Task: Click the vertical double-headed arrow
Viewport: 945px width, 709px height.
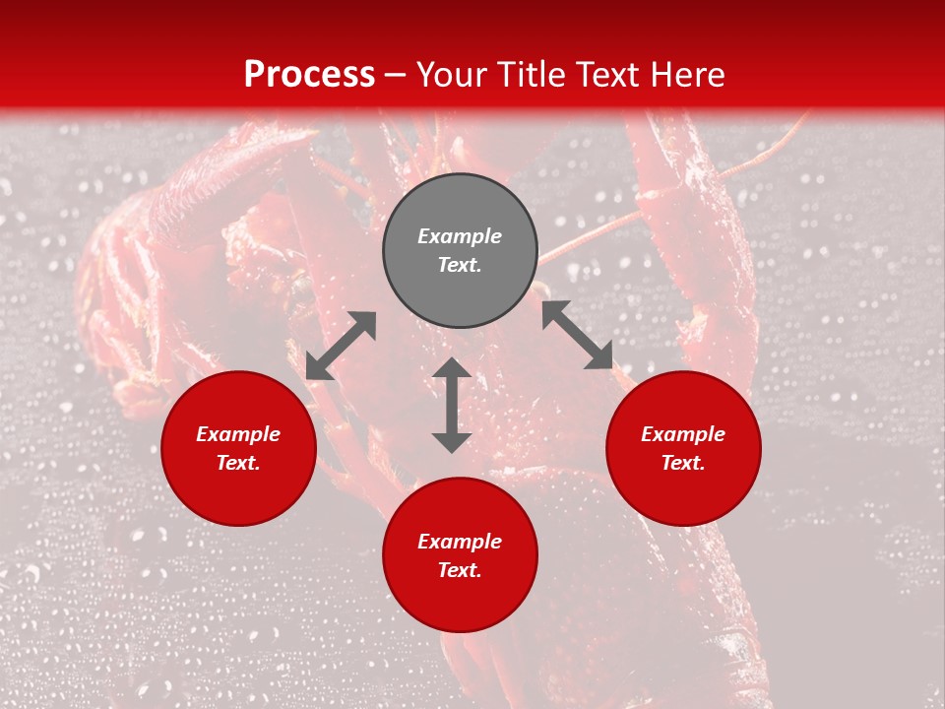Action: point(452,405)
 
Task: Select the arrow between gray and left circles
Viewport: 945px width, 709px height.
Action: point(341,346)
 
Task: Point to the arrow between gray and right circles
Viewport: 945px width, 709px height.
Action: point(578,336)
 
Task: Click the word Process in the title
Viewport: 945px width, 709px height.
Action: point(309,74)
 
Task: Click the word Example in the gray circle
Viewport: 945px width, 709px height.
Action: point(460,236)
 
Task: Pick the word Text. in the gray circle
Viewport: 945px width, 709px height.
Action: point(460,265)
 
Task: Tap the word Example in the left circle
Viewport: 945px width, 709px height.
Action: point(238,434)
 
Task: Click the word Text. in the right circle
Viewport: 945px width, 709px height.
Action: point(683,463)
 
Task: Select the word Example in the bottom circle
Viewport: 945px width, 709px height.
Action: point(460,542)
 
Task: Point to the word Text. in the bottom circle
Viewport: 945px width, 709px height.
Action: point(460,570)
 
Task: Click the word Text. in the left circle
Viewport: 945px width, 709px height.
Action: point(238,463)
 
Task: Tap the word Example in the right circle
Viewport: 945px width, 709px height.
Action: point(683,434)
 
